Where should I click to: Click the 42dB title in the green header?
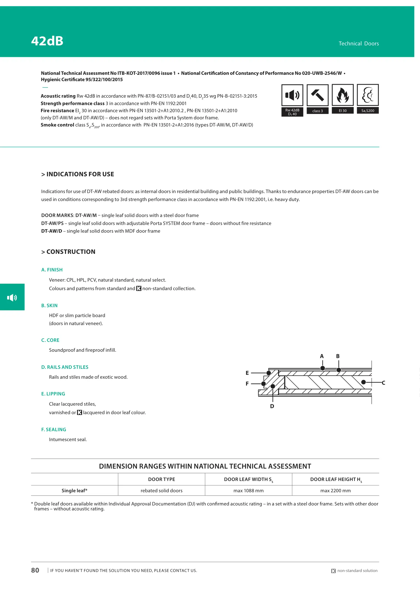click(47, 41)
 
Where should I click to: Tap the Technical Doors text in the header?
click(358, 43)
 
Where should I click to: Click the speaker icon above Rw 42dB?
click(292, 95)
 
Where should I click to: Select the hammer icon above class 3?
click(317, 95)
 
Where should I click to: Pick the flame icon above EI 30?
click(342, 95)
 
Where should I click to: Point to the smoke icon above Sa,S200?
click(368, 95)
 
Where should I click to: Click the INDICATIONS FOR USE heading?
click(78, 174)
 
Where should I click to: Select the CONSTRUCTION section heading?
click(68, 252)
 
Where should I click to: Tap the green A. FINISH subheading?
click(52, 270)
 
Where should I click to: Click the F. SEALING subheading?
click(54, 430)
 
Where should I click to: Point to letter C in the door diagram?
click(383, 383)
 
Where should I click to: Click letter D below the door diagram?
click(272, 406)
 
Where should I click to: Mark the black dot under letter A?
click(323, 368)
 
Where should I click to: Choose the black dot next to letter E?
click(269, 373)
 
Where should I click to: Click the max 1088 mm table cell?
click(248, 491)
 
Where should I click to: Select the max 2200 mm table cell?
click(335, 491)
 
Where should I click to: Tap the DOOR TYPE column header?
click(161, 479)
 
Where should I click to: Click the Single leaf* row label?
click(74, 491)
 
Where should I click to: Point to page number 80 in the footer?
click(35, 570)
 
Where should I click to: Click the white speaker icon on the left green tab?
click(12, 297)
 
